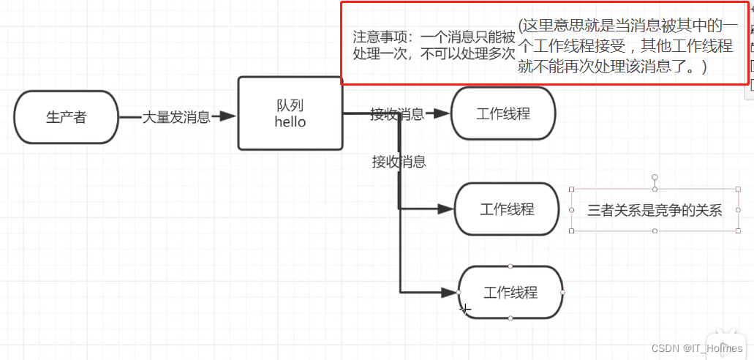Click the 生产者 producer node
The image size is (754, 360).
pyautogui.click(x=66, y=117)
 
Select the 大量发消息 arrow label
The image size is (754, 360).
pyautogui.click(x=176, y=117)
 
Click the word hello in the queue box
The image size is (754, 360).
pyautogui.click(x=290, y=122)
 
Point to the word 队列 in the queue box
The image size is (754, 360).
pyautogui.click(x=290, y=106)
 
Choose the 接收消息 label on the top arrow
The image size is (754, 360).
pyautogui.click(x=396, y=113)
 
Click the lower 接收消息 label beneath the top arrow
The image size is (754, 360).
pyautogui.click(x=399, y=162)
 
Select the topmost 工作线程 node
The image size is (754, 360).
pyautogui.click(x=503, y=113)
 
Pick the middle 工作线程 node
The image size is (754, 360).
pyautogui.click(x=506, y=209)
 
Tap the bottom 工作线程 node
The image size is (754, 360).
pyautogui.click(x=510, y=293)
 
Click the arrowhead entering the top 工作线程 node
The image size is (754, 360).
pyautogui.click(x=441, y=113)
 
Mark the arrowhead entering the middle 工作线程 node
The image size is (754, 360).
pyautogui.click(x=445, y=209)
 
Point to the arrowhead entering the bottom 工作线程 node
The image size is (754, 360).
pyautogui.click(x=448, y=293)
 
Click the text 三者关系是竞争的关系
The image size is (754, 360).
pyautogui.click(x=655, y=211)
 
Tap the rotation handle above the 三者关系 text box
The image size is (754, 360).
pyautogui.click(x=655, y=177)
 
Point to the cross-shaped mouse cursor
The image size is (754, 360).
pyautogui.click(x=464, y=309)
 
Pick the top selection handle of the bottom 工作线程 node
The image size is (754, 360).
pyautogui.click(x=510, y=266)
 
